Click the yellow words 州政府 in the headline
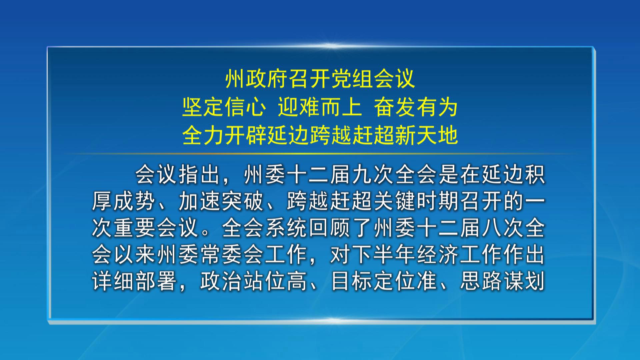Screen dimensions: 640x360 (257, 79)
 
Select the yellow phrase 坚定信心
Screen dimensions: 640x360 (224, 107)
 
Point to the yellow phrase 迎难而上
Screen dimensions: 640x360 (320, 107)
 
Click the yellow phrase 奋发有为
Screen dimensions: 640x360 (416, 107)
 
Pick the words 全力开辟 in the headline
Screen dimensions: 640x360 (224, 136)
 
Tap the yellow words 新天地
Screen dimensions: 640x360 (426, 136)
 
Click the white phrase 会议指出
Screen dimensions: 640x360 (178, 174)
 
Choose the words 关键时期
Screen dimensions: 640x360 (416, 201)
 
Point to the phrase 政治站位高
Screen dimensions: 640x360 (254, 281)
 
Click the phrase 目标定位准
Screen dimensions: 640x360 (384, 281)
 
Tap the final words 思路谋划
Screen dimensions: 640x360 (503, 281)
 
